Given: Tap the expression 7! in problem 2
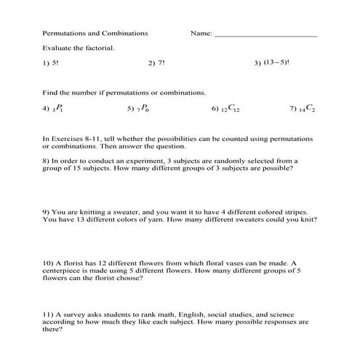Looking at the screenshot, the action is tap(161, 63).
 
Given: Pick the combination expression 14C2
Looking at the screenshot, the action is tap(307, 108).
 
